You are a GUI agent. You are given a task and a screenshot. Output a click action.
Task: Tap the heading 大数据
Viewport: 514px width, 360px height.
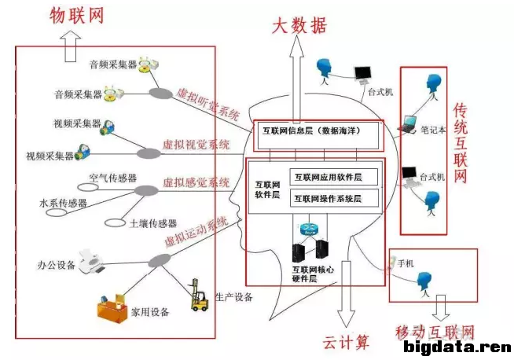coord(299,27)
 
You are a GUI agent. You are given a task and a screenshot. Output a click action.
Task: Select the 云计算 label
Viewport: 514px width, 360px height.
coord(347,342)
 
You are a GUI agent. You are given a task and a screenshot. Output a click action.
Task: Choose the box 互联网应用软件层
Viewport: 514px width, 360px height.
coord(334,178)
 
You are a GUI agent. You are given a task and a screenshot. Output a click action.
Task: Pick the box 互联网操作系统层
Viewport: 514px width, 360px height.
coord(334,197)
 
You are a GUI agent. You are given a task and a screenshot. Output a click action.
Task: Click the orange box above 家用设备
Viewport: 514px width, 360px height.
coord(112,309)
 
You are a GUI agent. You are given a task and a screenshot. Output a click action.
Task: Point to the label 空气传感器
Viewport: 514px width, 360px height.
coord(112,178)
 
